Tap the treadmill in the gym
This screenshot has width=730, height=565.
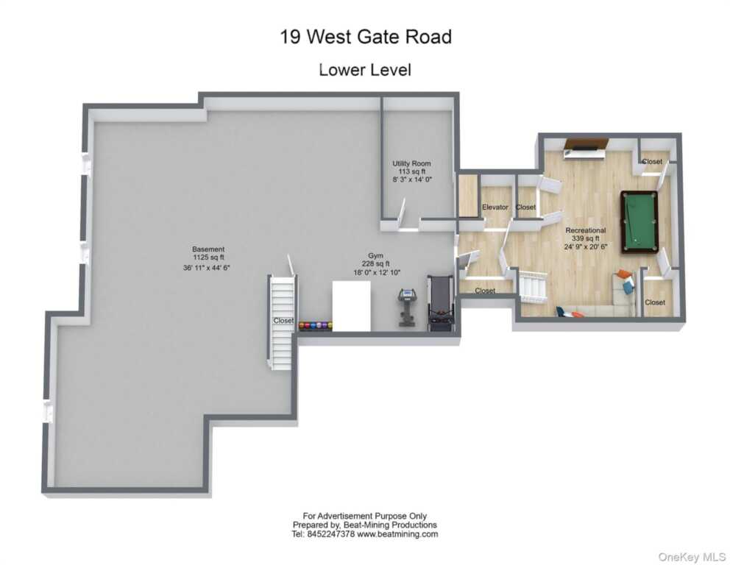click(x=440, y=303)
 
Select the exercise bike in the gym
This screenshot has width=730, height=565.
click(x=407, y=308)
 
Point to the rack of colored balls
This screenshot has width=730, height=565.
click(x=315, y=326)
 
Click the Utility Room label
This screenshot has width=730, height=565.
click(x=411, y=163)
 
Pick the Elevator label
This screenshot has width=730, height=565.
click(x=495, y=207)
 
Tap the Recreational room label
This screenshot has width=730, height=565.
click(x=586, y=230)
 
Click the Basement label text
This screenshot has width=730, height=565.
click(x=208, y=249)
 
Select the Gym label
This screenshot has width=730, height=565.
click(x=376, y=255)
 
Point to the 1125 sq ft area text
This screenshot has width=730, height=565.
click(x=208, y=257)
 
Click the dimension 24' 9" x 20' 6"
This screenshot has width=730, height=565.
click(x=586, y=246)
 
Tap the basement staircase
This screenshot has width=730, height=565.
click(x=281, y=321)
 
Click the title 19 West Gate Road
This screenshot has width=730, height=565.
click(x=366, y=36)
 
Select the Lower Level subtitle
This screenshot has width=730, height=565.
click(x=365, y=70)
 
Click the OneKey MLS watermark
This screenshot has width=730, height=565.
click(x=692, y=557)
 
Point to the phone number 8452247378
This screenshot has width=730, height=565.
click(x=331, y=534)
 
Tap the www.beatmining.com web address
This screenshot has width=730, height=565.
click(x=397, y=534)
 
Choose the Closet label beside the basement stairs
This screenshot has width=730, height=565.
click(x=283, y=321)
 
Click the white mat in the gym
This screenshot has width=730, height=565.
click(x=352, y=306)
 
